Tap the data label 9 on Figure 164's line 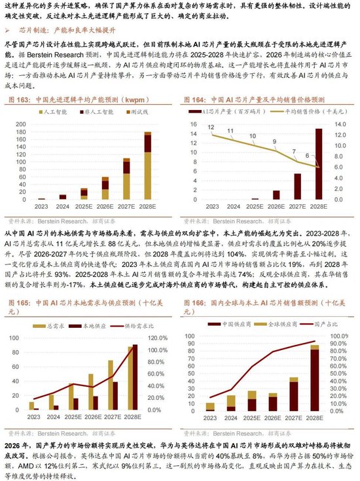[275, 141]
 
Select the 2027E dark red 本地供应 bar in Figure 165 [115, 395]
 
